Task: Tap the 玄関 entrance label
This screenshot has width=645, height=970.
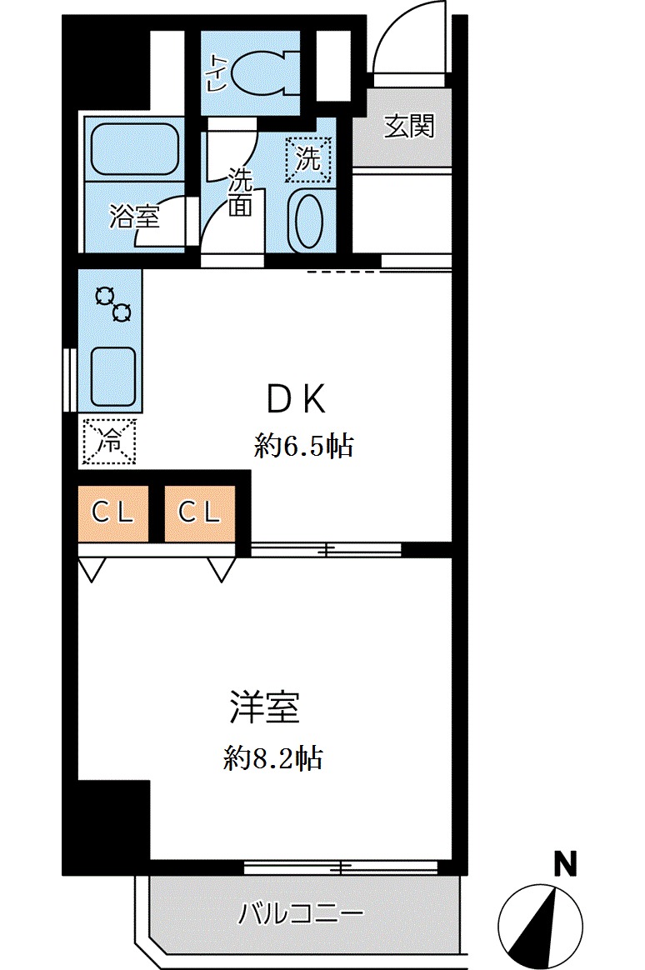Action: [x=409, y=127]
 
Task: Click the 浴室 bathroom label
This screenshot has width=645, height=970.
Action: [x=134, y=217]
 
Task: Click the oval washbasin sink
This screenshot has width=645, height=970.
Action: [x=307, y=220]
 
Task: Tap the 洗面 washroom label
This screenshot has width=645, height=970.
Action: [x=240, y=193]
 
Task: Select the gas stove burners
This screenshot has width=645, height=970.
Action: [x=112, y=304]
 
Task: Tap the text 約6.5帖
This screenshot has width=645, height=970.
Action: [x=304, y=447]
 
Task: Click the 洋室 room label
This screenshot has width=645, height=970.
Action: [x=265, y=709]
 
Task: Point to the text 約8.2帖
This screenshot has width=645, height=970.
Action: [x=273, y=759]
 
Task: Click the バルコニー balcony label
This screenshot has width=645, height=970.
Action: [x=302, y=914]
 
